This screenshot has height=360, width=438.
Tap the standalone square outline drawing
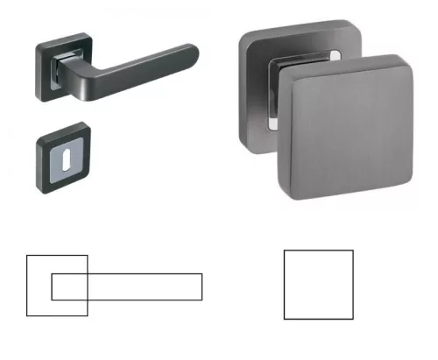click(319, 285)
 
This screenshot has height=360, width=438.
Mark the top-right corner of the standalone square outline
click(353, 251)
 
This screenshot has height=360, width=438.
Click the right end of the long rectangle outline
click(202, 286)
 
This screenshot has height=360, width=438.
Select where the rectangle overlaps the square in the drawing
click(70, 286)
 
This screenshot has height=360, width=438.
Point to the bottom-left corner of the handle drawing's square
click(27, 315)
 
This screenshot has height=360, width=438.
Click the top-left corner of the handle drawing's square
click(27, 255)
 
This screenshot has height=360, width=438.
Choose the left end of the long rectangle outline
click(52, 286)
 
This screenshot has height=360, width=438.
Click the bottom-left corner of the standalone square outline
click(285, 319)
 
